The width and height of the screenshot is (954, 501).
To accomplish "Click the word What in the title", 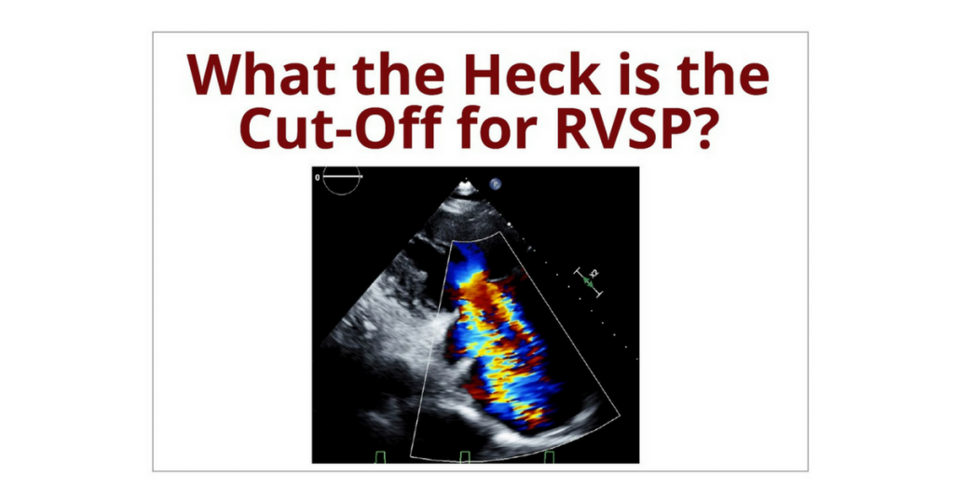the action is click(261, 74).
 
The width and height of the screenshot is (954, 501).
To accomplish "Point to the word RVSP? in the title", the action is click(634, 128).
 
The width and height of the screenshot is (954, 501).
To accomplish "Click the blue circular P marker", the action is click(496, 183).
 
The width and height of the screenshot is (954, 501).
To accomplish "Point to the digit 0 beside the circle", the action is click(317, 177).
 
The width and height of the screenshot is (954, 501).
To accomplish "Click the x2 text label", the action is click(595, 273).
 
